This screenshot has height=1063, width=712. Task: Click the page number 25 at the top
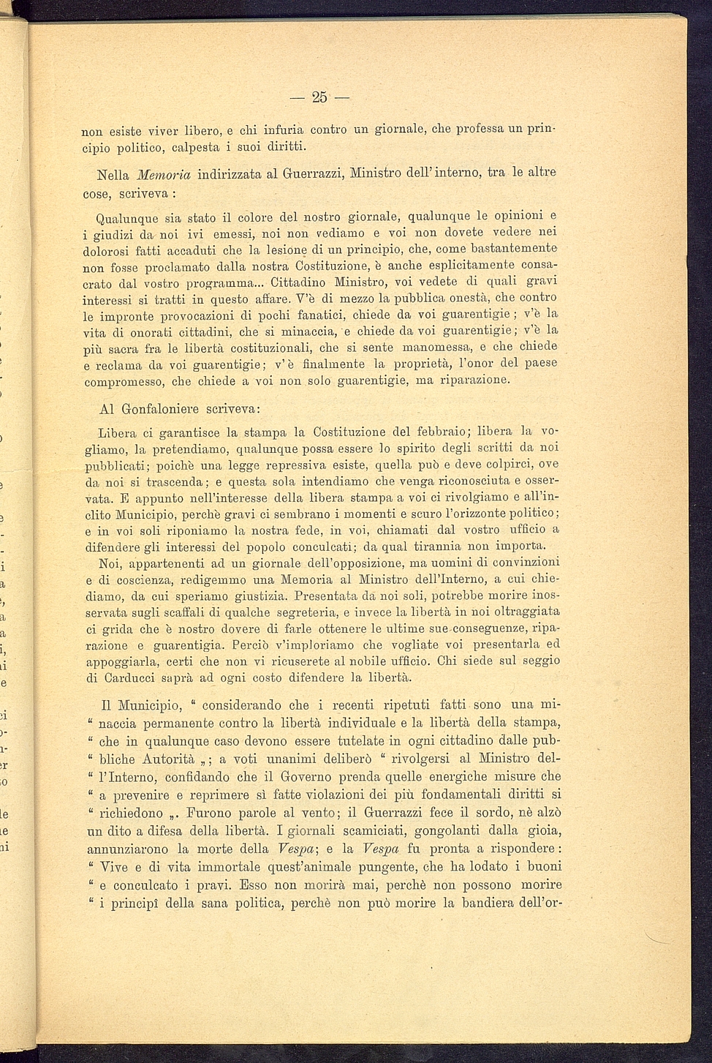tap(319, 97)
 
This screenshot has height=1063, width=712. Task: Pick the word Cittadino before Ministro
tap(299, 282)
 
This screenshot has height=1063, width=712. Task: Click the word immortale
tap(276, 868)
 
